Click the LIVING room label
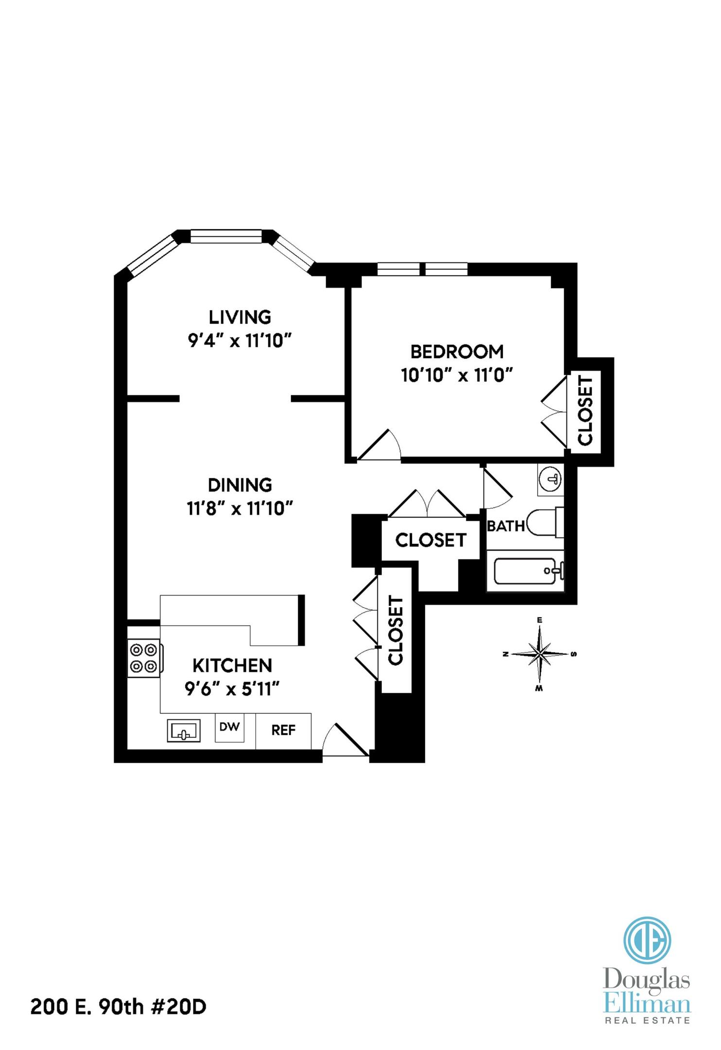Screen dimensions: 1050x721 pos(240,317)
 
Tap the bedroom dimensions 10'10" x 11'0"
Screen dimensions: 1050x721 pos(457,375)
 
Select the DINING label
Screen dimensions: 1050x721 pos(240,485)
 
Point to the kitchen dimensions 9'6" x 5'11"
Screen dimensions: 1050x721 pos(232,689)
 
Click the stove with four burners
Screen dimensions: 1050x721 pos(144,658)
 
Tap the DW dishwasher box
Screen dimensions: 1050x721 pos(229,727)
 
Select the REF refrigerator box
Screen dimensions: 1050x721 pos(283,730)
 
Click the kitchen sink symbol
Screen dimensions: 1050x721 pos(184,731)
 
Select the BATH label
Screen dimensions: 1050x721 pos(505,526)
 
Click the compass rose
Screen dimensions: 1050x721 pos(539,654)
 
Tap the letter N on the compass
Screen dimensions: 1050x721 pos(506,654)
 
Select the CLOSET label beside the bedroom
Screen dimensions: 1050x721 pos(585,411)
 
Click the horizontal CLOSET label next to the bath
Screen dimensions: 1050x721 pos(430,540)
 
